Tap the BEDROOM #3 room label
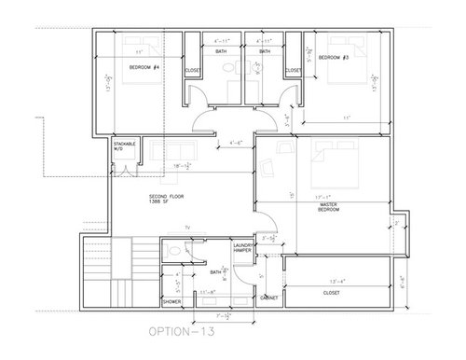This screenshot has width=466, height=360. tap(333, 58)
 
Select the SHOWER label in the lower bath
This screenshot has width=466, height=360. tap(171, 301)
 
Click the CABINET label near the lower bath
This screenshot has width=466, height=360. tap(269, 298)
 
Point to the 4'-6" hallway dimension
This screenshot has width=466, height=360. tap(237, 143)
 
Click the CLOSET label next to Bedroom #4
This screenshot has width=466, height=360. tap(193, 70)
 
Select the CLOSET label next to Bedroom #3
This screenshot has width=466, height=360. tap(293, 69)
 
